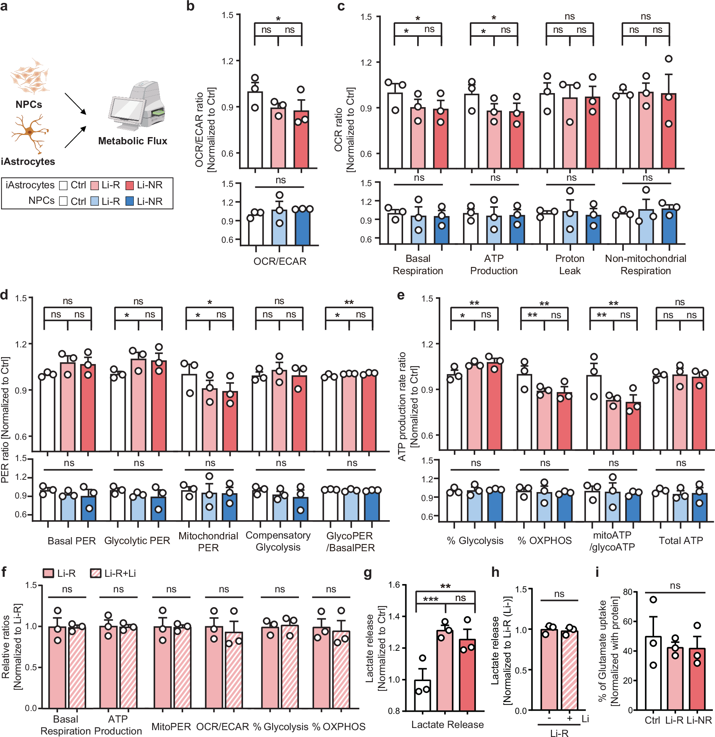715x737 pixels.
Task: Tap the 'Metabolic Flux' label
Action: click(x=132, y=141)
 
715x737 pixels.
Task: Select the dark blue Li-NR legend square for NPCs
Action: click(x=129, y=201)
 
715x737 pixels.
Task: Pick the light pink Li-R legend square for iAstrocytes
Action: click(x=95, y=185)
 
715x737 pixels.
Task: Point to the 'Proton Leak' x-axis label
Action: click(x=570, y=264)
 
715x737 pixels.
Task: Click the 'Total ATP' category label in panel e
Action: click(x=680, y=540)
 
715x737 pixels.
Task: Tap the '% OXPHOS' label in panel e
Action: click(x=544, y=540)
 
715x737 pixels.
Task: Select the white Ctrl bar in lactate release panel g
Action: click(x=423, y=696)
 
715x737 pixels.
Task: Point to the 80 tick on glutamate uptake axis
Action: click(x=627, y=592)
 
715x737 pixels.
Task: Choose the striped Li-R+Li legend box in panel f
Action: click(x=96, y=574)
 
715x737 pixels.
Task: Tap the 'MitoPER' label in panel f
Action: click(x=171, y=727)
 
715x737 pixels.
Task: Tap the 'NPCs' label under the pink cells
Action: click(x=28, y=105)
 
